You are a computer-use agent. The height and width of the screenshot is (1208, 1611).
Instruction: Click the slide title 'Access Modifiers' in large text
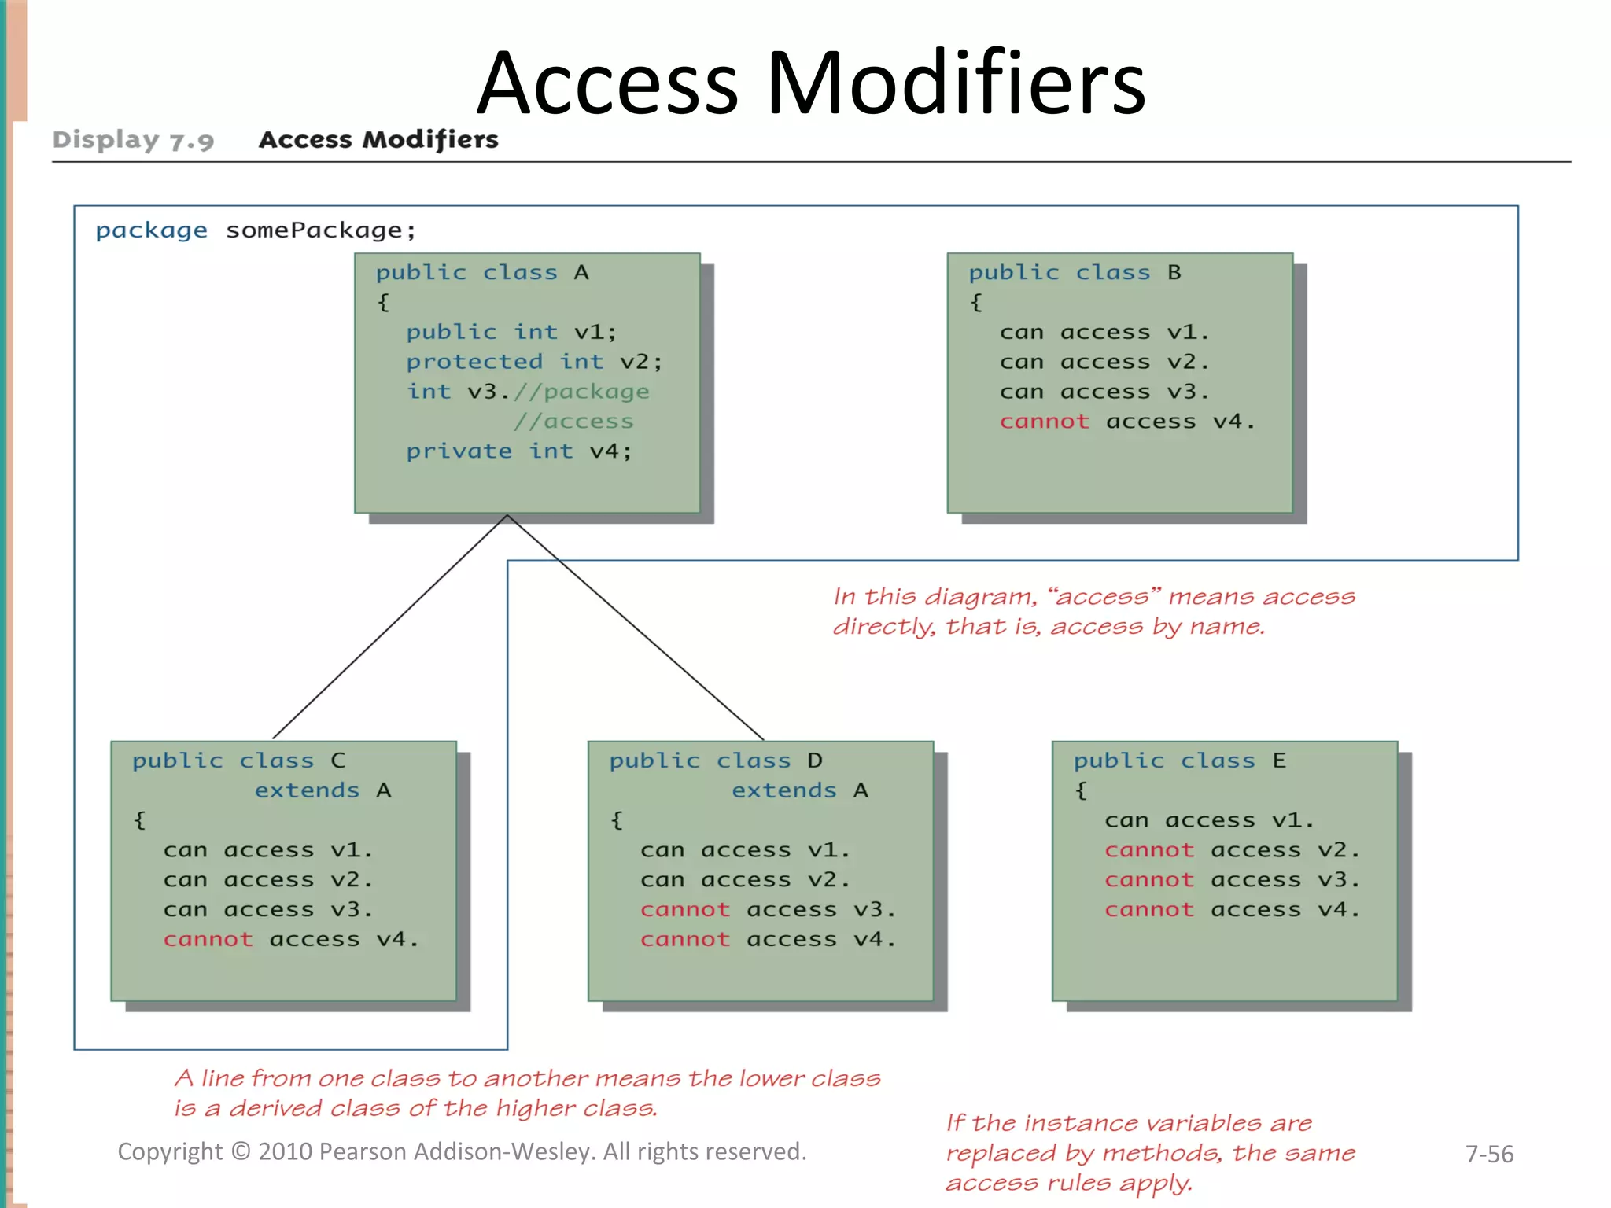[x=811, y=83]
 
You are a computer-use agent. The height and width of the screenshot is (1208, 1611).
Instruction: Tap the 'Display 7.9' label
[x=133, y=140]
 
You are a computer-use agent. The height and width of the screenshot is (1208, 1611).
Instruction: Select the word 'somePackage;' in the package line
[x=320, y=230]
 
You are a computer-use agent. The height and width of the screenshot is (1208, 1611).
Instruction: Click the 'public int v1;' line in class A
[x=511, y=332]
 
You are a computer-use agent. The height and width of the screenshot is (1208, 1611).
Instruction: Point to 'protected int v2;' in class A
[x=534, y=362]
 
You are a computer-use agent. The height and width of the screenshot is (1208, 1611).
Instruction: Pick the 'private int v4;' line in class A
[x=518, y=451]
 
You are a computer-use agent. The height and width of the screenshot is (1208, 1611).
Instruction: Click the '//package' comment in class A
[x=581, y=392]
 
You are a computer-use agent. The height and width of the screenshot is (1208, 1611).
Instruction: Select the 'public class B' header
[x=1075, y=272]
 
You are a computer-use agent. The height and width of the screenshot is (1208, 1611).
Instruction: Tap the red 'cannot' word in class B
[x=1044, y=422]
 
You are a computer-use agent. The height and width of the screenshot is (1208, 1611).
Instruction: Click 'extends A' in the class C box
[x=323, y=790]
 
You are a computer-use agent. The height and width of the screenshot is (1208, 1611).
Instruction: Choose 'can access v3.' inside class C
[x=267, y=910]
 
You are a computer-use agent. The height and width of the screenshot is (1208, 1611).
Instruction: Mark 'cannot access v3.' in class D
[x=768, y=910]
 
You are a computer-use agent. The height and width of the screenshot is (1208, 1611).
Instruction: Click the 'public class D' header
[x=715, y=761]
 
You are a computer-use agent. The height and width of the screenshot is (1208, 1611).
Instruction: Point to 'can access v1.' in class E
[x=1209, y=820]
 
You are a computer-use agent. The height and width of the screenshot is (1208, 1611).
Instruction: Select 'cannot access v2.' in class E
[x=1232, y=850]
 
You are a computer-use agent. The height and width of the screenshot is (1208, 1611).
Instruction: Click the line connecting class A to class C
[x=389, y=627]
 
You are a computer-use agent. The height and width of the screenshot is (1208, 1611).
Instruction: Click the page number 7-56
[x=1489, y=1154]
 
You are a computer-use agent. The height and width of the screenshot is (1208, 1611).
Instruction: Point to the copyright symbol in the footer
[x=241, y=1151]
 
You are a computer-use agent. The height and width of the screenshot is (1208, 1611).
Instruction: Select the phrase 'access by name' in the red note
[x=1156, y=627]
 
